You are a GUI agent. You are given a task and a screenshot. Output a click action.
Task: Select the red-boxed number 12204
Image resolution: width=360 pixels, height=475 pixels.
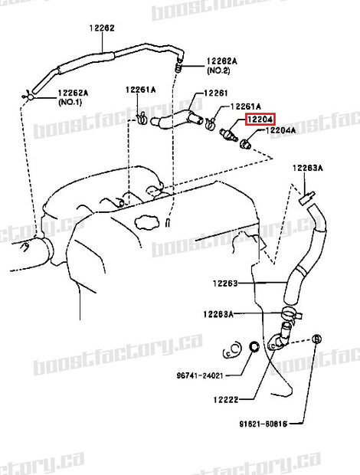coord(259,120)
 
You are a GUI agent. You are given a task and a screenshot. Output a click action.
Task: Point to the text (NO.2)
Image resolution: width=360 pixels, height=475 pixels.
coord(218,70)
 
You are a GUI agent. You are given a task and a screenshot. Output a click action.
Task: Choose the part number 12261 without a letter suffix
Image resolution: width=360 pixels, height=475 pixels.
coord(216,93)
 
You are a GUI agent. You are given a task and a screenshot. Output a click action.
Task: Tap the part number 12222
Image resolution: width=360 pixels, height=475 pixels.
coord(227,399)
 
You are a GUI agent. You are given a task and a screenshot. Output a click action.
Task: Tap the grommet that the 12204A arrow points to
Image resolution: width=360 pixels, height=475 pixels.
coord(247,144)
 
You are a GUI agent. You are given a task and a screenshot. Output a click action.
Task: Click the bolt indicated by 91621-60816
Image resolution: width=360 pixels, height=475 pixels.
coord(319,339)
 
